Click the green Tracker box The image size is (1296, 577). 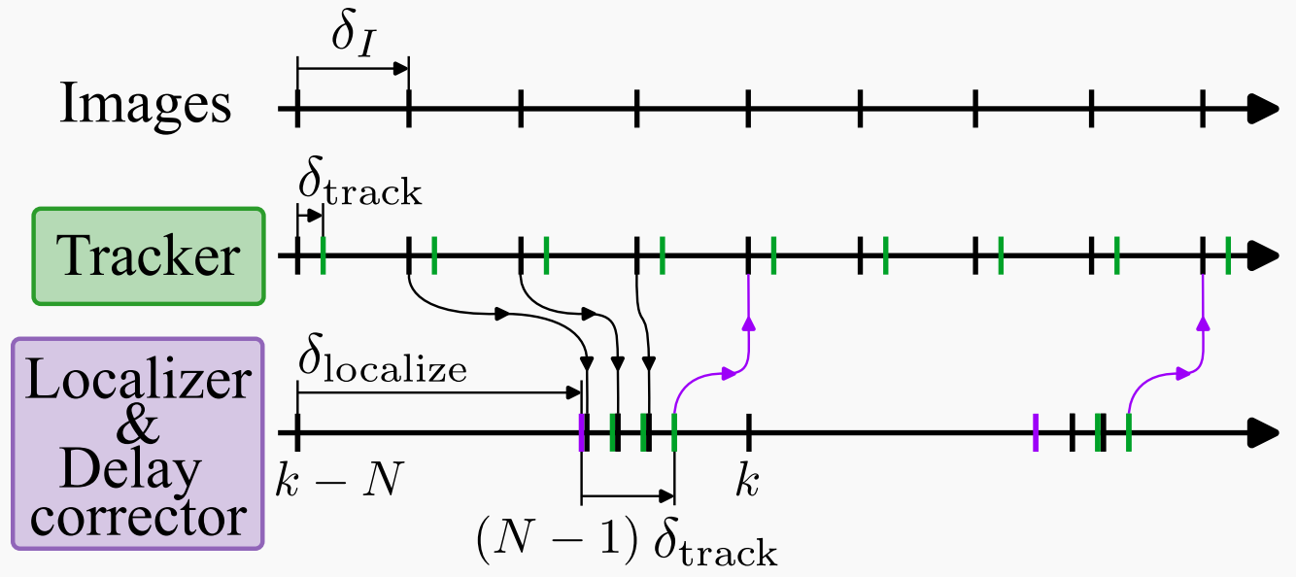coord(148,256)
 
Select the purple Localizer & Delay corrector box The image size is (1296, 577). coord(137,443)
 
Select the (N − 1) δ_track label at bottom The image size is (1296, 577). coord(627,541)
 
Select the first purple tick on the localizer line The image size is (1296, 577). coord(581,432)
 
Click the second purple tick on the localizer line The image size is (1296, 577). coord(1036,432)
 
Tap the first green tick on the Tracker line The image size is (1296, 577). coord(323,256)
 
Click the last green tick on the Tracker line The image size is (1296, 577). coord(1228,256)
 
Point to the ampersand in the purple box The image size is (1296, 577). coord(137,429)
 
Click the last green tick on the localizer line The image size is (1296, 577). coord(1128,432)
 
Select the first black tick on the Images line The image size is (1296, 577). coord(297,109)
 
